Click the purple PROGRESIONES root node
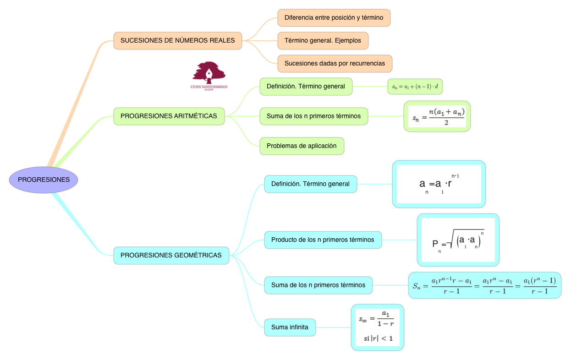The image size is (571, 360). coord(44,180)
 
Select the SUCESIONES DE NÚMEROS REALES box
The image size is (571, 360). coord(178,40)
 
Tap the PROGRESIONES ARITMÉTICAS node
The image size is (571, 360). coord(169,116)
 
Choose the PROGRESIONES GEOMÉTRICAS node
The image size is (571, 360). coord(171,255)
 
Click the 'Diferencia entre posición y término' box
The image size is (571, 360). coord(334,18)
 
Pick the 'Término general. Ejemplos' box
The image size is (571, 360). coord(323,40)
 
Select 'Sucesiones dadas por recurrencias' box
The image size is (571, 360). coord(335,63)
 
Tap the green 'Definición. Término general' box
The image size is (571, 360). coord(306,86)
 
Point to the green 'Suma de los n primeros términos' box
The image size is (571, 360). coord(313,116)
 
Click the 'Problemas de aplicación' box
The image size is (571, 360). coord(302,146)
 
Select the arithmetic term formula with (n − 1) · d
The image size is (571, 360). coord(415,87)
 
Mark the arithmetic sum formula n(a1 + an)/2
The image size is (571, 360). coord(437,116)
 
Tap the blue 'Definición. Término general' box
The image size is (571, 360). coord(310,184)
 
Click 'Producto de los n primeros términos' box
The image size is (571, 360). coord(323,240)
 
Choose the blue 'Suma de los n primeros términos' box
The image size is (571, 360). coord(318,285)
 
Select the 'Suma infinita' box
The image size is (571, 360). coord(290,327)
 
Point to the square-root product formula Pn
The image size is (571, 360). coord(458,240)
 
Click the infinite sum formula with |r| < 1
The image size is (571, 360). coord(378,327)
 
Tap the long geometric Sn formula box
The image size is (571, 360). coord(484,285)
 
